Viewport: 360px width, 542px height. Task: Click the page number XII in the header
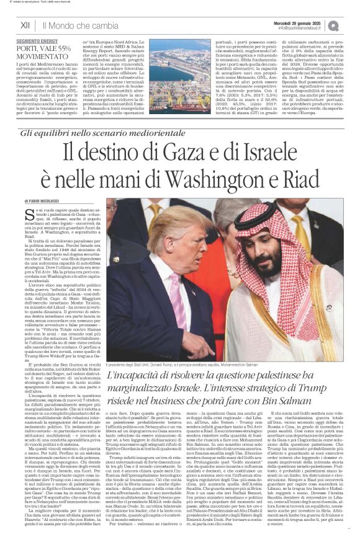pyautogui.click(x=25, y=25)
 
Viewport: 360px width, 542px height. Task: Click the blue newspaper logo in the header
pyautogui.click(x=351, y=25)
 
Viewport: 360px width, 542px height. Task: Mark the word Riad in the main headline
pyautogui.click(x=305, y=181)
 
